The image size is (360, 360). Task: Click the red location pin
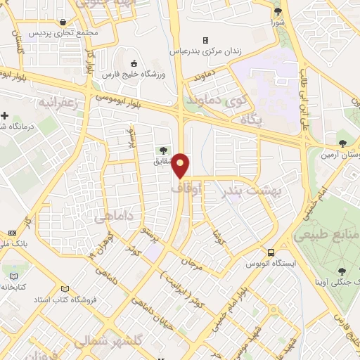(x=181, y=165)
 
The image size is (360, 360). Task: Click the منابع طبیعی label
(x=326, y=234)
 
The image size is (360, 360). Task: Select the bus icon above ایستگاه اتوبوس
(x=270, y=252)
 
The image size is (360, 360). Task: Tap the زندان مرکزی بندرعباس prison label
(x=205, y=51)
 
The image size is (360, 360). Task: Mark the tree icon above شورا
(x=278, y=11)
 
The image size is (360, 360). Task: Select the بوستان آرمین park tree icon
(x=342, y=143)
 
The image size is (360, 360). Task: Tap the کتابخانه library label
(x=15, y=287)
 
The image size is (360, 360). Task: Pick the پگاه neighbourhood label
(x=251, y=121)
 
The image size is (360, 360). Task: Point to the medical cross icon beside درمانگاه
(x=6, y=115)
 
